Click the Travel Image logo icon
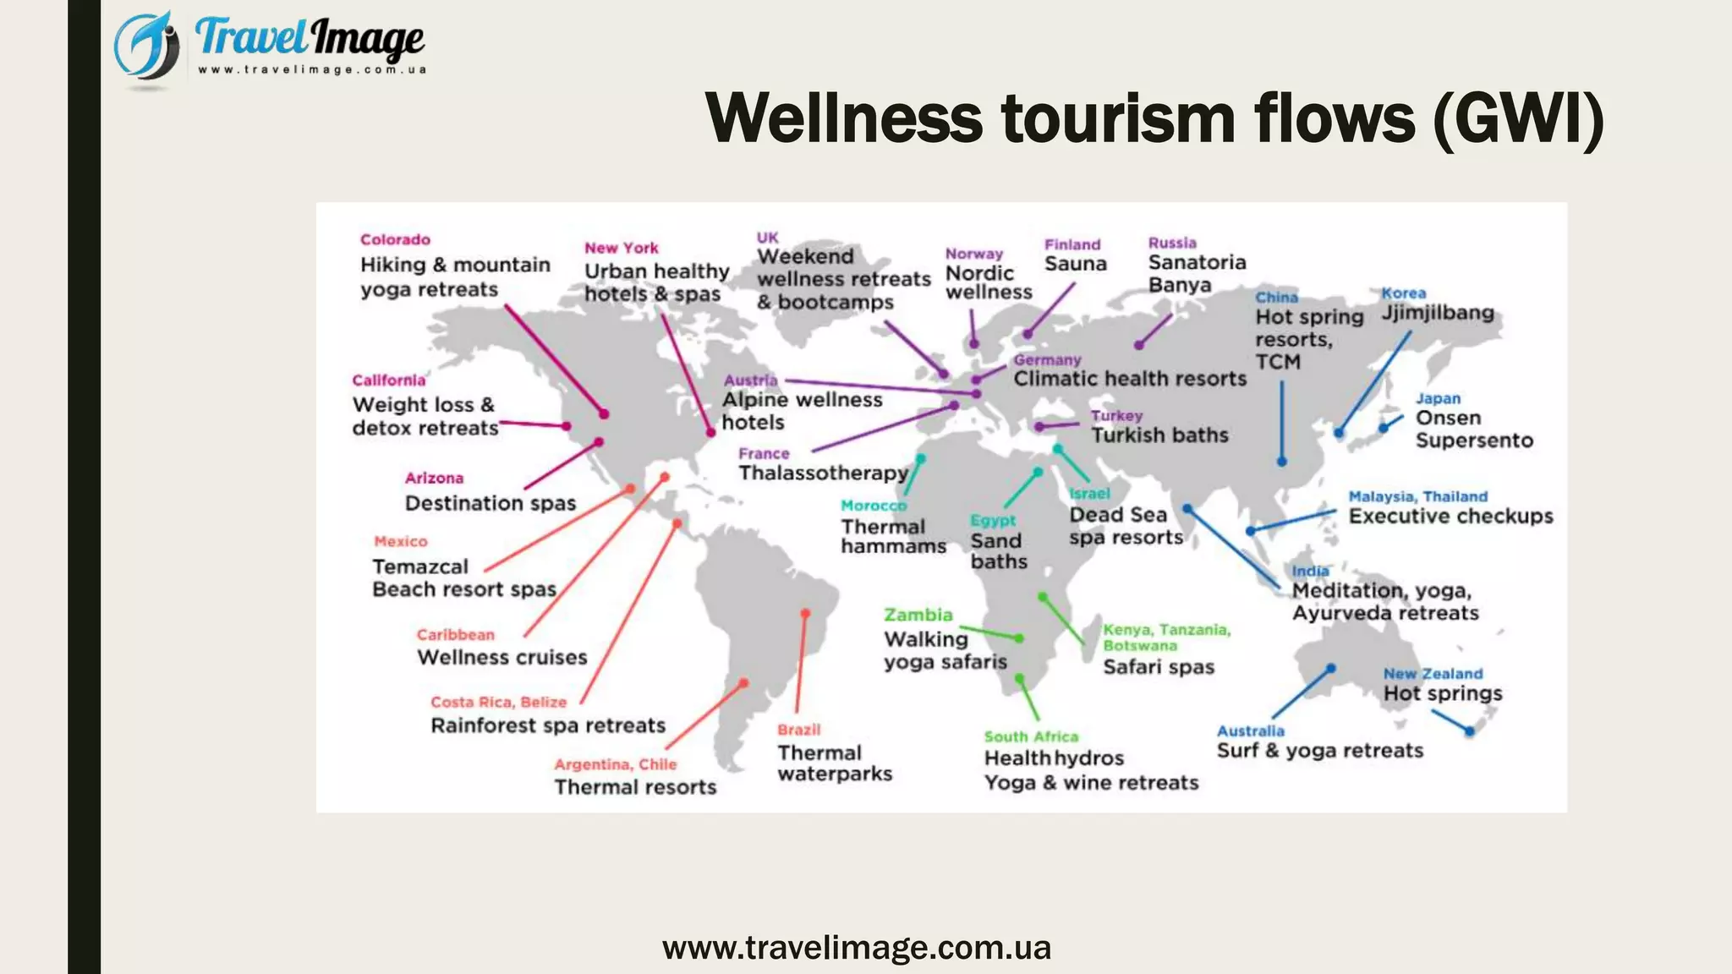click(x=147, y=47)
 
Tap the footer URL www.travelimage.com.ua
click(x=856, y=948)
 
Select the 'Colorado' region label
click(x=395, y=240)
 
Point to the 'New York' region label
click(x=621, y=248)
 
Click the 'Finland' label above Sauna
click(x=1072, y=244)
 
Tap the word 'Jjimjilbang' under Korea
click(x=1438, y=313)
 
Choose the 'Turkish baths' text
click(x=1159, y=435)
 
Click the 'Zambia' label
click(x=918, y=615)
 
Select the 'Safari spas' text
click(x=1158, y=667)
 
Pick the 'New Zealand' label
click(x=1433, y=674)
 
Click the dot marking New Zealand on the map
click(x=1470, y=731)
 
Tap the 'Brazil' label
click(x=798, y=730)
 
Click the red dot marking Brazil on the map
click(x=805, y=613)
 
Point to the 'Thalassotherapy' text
click(x=823, y=473)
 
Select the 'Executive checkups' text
click(x=1450, y=517)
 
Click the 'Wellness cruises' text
click(x=502, y=658)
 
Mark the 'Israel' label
click(x=1089, y=494)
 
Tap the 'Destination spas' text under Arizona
click(x=490, y=503)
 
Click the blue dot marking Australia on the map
click(x=1331, y=668)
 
